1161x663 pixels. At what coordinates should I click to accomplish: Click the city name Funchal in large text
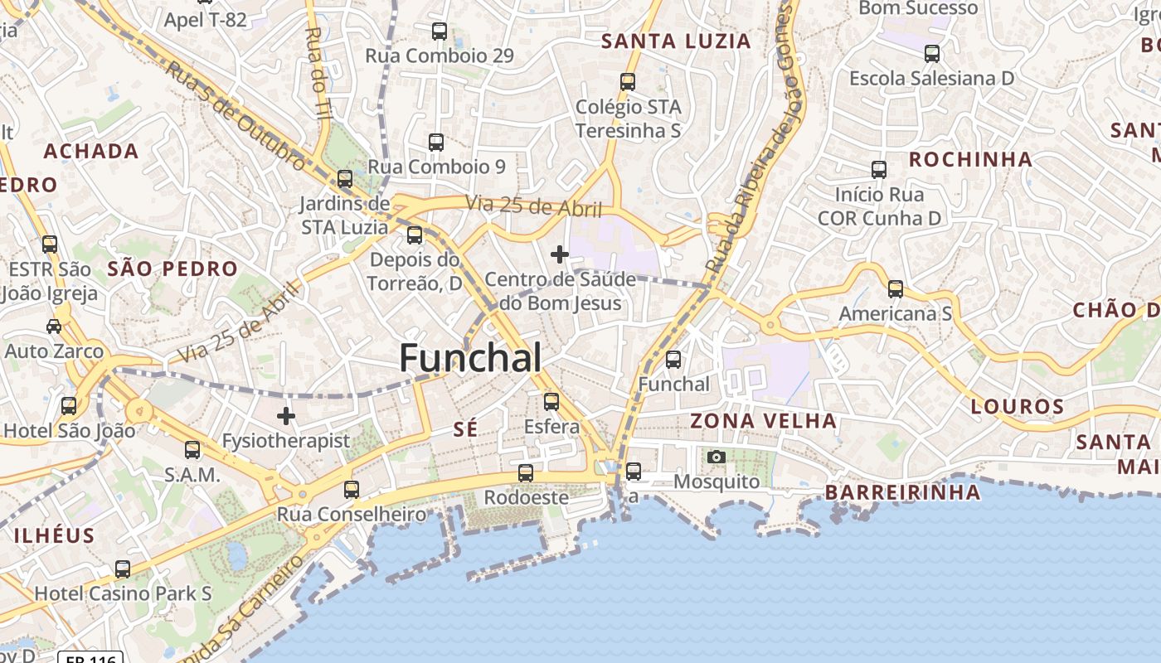[x=470, y=358]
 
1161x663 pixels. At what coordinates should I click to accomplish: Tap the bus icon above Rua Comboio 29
[x=440, y=32]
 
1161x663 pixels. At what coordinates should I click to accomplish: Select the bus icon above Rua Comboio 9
[x=436, y=143]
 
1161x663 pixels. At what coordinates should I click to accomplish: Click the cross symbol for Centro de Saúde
[x=560, y=254]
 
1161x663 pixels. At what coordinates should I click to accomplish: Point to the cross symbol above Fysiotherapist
[x=286, y=415]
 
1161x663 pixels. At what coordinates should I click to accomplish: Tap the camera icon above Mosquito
[x=717, y=457]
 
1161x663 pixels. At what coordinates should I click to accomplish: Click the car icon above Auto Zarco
[x=54, y=327]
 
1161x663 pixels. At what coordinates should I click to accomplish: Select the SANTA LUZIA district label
[x=676, y=41]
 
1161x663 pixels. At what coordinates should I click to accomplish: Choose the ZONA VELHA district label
[x=764, y=421]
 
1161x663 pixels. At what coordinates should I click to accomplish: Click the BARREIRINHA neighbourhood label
[x=902, y=492]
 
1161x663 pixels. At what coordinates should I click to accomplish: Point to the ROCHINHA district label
[x=970, y=159]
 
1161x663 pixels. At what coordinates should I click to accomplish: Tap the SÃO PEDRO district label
[x=172, y=269]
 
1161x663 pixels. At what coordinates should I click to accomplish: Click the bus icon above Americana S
[x=896, y=289]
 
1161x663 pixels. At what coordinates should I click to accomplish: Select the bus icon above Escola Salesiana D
[x=932, y=54]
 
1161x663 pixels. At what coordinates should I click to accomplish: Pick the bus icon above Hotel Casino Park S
[x=123, y=569]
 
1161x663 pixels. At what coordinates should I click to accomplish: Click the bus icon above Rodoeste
[x=526, y=473]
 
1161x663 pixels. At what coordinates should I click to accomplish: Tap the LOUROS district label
[x=1017, y=407]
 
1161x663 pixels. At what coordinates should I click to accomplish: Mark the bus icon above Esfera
[x=551, y=402]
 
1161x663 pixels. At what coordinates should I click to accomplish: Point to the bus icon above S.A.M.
[x=192, y=450]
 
